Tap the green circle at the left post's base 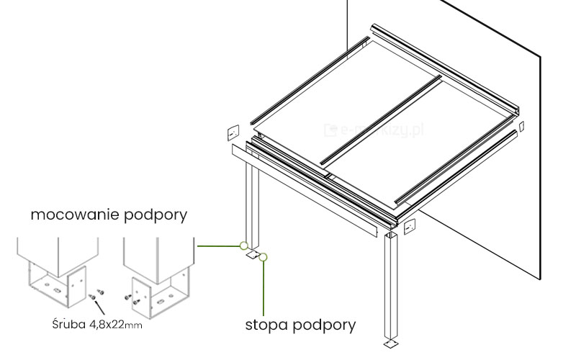pyautogui.click(x=244, y=246)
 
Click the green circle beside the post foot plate pyautogui.click(x=264, y=256)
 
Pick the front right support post pyautogui.click(x=391, y=288)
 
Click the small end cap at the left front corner pyautogui.click(x=233, y=132)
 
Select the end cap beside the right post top pyautogui.click(x=410, y=227)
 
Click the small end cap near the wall pyautogui.click(x=522, y=127)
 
